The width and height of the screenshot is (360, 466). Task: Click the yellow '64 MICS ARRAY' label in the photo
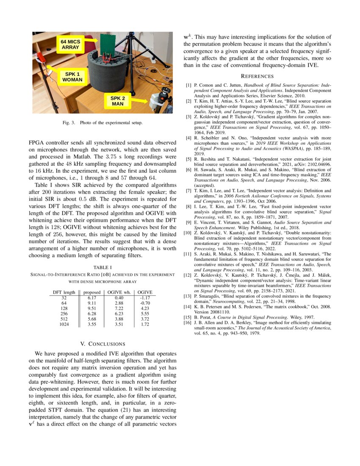[x=70, y=45]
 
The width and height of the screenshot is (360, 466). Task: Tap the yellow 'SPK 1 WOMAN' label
[x=72, y=77]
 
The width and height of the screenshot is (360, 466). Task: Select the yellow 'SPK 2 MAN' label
[x=118, y=101]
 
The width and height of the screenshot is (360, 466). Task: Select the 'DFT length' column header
[x=64, y=292]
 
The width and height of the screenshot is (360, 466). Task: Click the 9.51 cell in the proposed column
[x=92, y=309]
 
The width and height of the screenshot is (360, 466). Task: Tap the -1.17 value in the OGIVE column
[x=145, y=298]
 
